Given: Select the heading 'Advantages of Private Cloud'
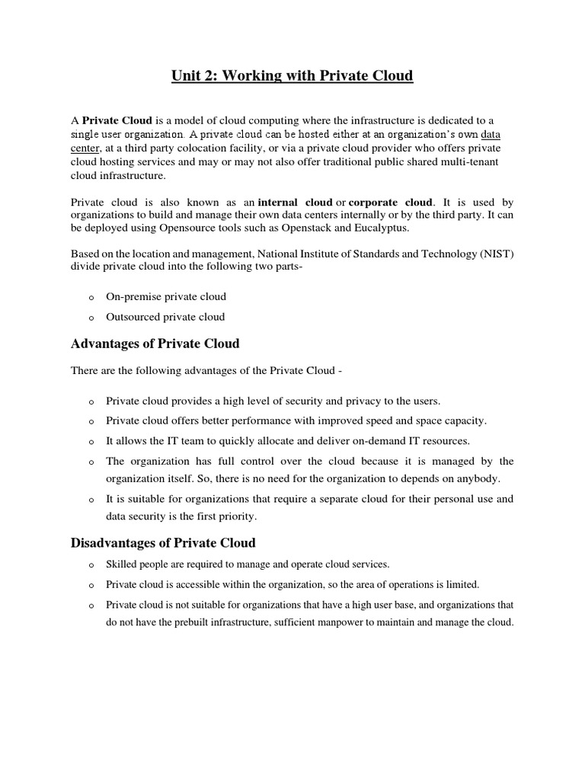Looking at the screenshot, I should pyautogui.click(x=155, y=344).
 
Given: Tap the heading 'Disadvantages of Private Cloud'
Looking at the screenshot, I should pyautogui.click(x=163, y=543).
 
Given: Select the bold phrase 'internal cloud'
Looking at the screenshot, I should pyautogui.click(x=296, y=202).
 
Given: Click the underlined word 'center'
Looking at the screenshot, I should pyautogui.click(x=86, y=148).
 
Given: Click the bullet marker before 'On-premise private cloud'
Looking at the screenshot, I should pyautogui.click(x=91, y=297).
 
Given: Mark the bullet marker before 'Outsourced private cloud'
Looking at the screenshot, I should pyautogui.click(x=91, y=318).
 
